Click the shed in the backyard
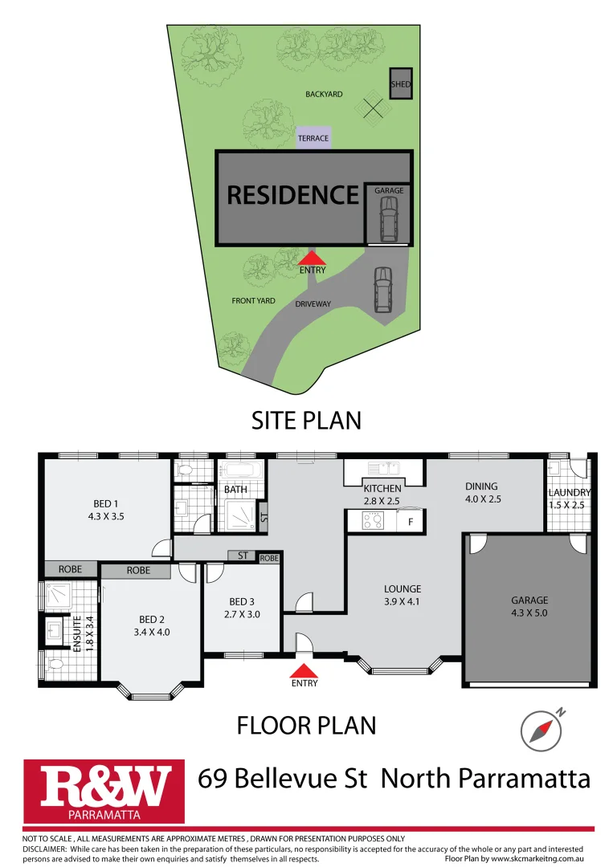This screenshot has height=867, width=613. pos(400,83)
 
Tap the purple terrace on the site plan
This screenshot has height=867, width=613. pos(313,138)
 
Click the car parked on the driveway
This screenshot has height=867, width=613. pos(382,290)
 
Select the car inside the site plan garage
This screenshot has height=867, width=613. pos(388,220)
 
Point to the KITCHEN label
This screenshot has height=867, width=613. pos(382,489)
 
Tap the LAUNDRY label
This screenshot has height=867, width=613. pos(570,492)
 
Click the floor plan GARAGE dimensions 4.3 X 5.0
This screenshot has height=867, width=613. pos(529,613)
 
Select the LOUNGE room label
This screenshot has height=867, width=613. pos(402,588)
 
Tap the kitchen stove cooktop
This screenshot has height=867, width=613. pos(374,521)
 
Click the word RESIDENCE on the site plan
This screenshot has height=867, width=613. pos(292,195)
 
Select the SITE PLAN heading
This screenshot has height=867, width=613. pos(306,420)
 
